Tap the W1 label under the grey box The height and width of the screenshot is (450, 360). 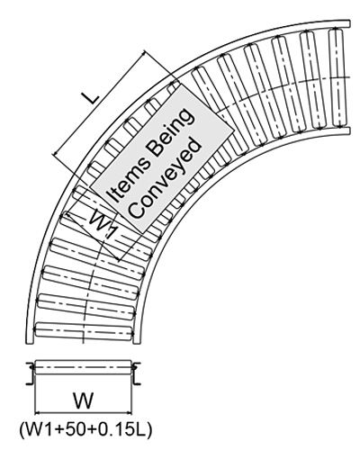103,224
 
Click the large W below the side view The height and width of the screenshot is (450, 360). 84,400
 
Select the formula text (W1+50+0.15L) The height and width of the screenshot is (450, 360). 85,430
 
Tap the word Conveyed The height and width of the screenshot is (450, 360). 166,177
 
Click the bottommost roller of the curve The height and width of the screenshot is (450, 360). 85,331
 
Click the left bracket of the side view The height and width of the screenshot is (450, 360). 31,373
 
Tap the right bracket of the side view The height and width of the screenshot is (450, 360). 136,373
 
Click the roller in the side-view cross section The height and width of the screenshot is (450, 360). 84,367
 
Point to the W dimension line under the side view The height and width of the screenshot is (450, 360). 84,412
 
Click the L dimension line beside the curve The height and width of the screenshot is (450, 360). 99,103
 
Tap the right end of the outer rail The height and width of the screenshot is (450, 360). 348,23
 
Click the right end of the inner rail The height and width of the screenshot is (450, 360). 348,130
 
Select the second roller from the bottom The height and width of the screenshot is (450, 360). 86,306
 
